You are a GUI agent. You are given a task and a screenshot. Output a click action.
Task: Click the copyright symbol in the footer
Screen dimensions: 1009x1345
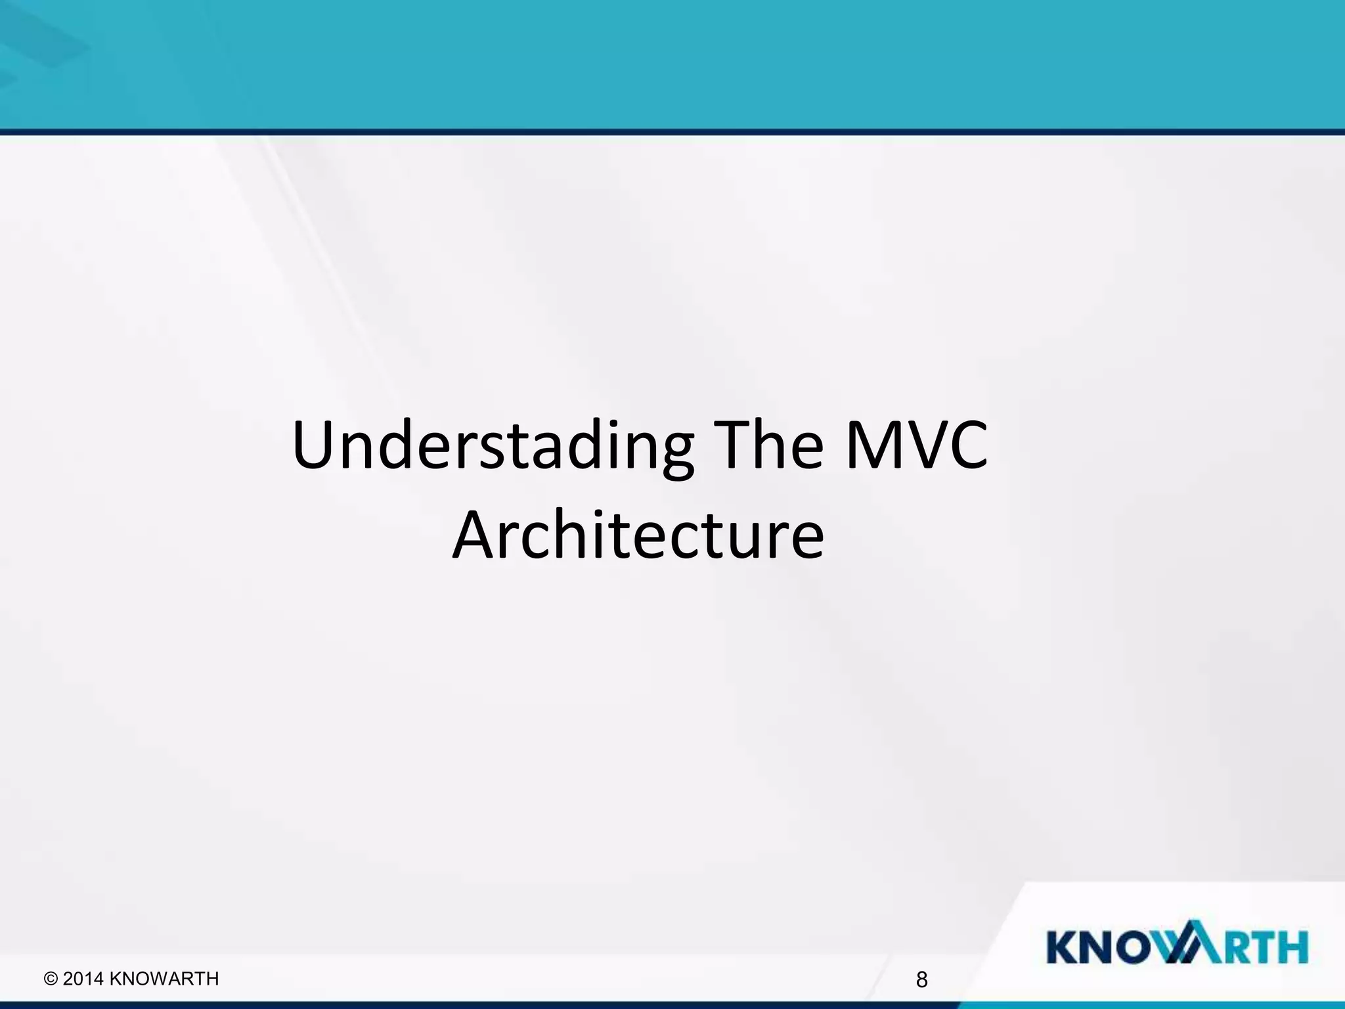coord(51,979)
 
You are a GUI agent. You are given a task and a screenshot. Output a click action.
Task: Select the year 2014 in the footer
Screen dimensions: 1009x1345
coord(83,979)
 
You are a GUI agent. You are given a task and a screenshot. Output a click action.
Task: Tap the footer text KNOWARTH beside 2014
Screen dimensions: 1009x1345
coord(164,979)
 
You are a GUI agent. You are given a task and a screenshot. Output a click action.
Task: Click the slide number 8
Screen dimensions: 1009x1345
coord(921,980)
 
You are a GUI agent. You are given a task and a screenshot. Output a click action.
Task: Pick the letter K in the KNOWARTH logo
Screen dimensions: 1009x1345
coord(1063,947)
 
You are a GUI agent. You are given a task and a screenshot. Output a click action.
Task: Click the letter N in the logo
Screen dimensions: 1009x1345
coord(1099,947)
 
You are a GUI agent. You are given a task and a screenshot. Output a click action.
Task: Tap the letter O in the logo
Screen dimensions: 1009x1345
coord(1136,947)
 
